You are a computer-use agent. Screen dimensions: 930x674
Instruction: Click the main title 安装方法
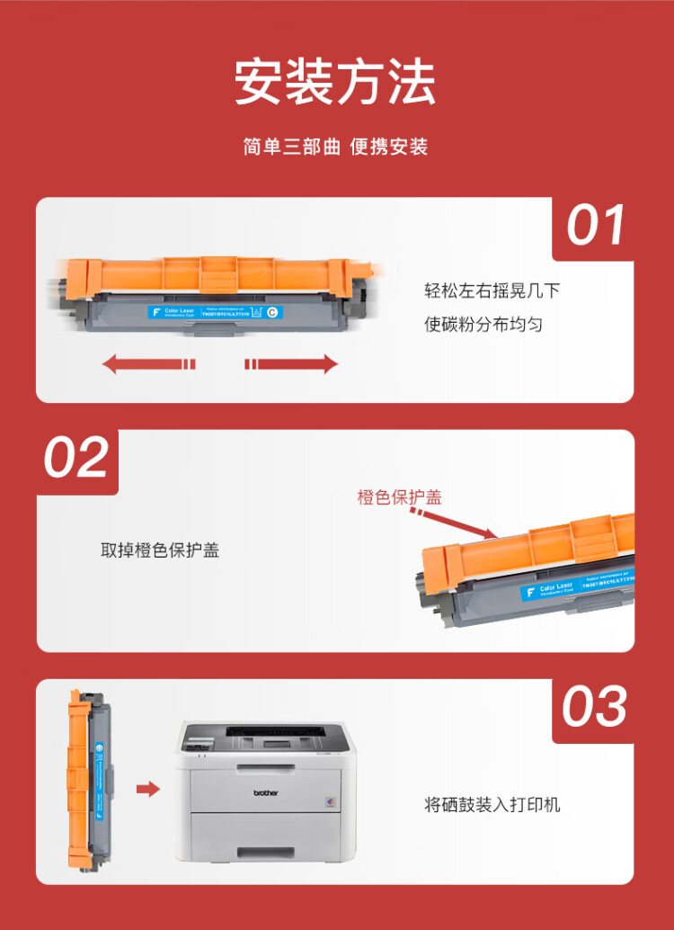coord(335,83)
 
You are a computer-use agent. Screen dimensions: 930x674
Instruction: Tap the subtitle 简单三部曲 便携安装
coord(335,147)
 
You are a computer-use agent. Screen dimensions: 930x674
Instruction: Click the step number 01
coord(596,226)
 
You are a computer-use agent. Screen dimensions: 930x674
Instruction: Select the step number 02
coord(76,459)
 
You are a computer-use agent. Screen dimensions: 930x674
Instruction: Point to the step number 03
coord(594,708)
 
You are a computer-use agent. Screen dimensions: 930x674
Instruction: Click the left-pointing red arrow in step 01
coord(148,363)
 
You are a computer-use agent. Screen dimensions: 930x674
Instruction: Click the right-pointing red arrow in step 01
coord(291,363)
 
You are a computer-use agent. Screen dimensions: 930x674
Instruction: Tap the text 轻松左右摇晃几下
coord(492,291)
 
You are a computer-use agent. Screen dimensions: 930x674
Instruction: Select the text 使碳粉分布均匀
coord(483,324)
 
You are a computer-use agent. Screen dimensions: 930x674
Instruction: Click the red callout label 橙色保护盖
coord(400,497)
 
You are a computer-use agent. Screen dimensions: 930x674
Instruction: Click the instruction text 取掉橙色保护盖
coord(160,550)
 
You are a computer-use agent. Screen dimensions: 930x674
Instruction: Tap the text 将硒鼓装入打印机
coord(492,804)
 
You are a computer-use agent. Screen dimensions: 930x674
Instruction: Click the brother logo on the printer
coord(265,792)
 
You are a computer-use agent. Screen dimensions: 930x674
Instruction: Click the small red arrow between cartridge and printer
coord(147,789)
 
